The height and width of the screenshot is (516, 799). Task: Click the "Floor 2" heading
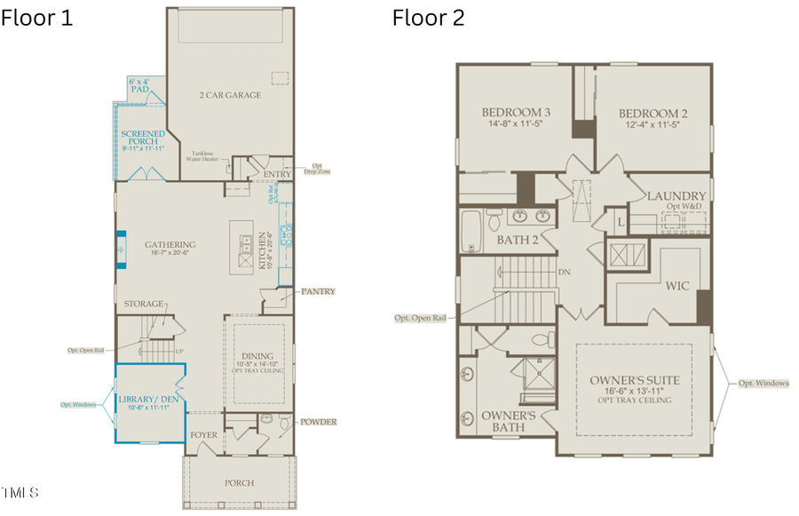tap(429, 18)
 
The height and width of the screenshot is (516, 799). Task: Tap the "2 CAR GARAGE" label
tap(230, 95)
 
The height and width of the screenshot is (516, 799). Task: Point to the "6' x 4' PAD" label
tap(139, 85)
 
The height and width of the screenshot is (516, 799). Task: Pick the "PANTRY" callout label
tap(318, 291)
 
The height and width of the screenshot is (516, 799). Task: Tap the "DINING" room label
tap(258, 354)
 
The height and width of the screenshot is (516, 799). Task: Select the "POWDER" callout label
tap(319, 422)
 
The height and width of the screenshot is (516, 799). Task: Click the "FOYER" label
tap(202, 434)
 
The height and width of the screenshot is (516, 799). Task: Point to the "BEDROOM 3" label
tap(516, 113)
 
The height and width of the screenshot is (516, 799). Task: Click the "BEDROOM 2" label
tap(653, 113)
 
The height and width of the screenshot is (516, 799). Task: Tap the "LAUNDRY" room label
tap(676, 195)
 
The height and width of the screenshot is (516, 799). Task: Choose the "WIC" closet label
tap(677, 286)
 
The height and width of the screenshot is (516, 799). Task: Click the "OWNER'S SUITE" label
tap(635, 380)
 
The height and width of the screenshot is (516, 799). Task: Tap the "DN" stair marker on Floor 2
tap(565, 272)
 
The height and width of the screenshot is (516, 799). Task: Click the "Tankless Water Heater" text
tap(203, 156)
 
